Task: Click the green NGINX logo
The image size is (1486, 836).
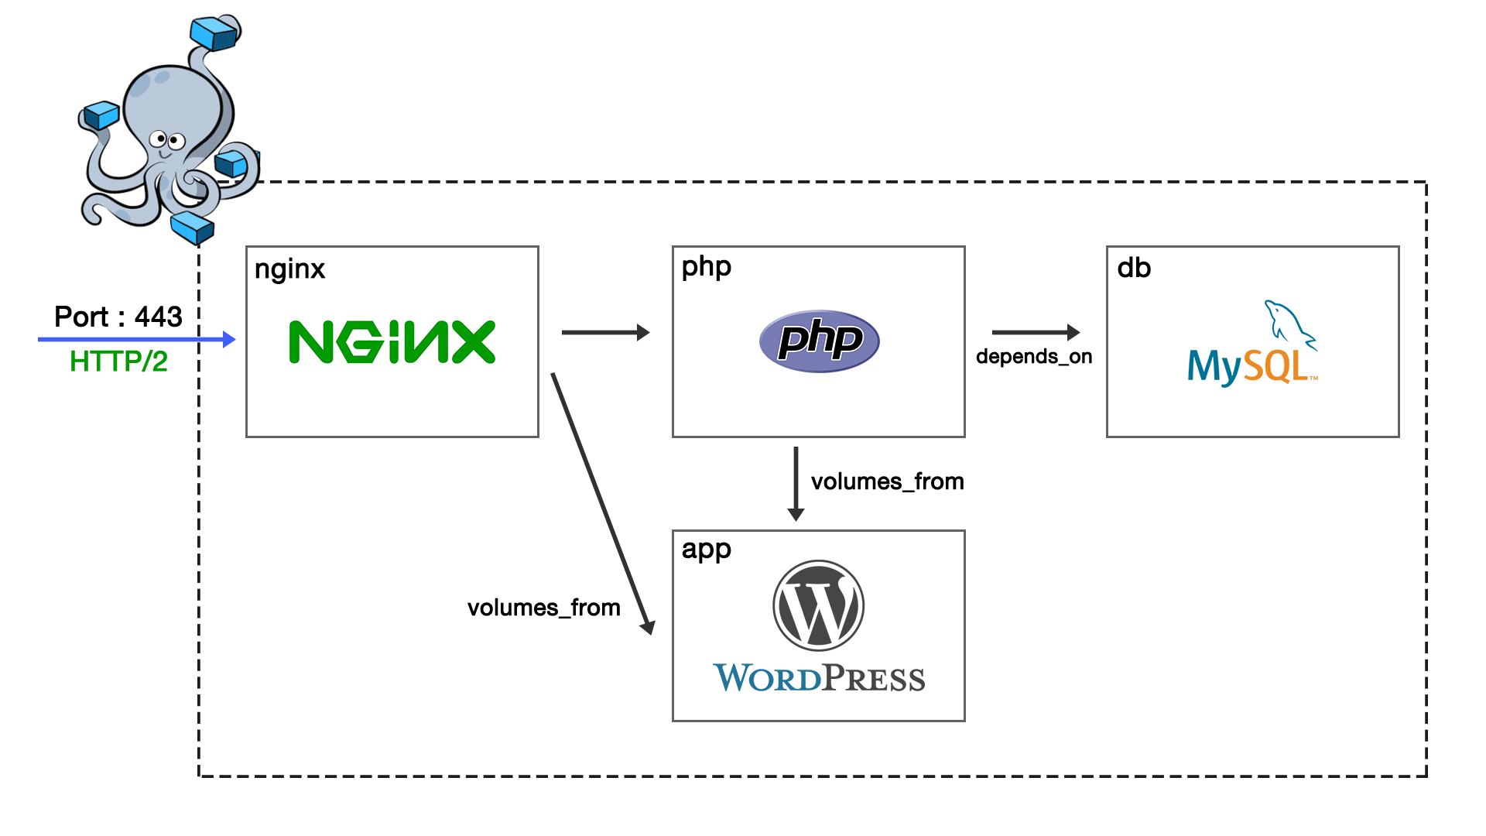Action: [x=392, y=341]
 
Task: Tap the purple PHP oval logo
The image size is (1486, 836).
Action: [x=819, y=341]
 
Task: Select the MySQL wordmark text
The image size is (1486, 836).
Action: [x=1248, y=367]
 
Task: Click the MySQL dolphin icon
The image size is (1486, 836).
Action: [x=1288, y=321]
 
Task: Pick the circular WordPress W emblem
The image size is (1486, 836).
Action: [x=818, y=605]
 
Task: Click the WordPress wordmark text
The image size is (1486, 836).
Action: [x=818, y=678]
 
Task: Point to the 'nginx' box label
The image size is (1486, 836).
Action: [x=289, y=270]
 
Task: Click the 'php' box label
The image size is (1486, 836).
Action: [x=706, y=267]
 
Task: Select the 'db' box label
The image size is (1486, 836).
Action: [x=1134, y=269]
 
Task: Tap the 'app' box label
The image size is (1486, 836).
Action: [x=706, y=550]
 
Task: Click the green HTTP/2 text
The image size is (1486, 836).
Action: [x=118, y=361]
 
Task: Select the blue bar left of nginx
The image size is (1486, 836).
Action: [x=137, y=339]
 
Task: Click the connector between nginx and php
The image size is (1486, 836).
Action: [x=605, y=332]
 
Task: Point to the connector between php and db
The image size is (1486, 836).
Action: [x=1036, y=332]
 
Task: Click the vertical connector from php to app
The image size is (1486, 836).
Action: [x=795, y=484]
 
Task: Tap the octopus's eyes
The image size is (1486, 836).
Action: [x=167, y=141]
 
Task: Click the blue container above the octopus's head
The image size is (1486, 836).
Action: [x=214, y=33]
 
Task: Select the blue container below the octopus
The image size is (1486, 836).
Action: [x=191, y=227]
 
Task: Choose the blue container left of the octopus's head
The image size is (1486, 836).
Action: [x=101, y=116]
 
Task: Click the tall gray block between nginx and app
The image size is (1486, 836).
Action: [x=603, y=503]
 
